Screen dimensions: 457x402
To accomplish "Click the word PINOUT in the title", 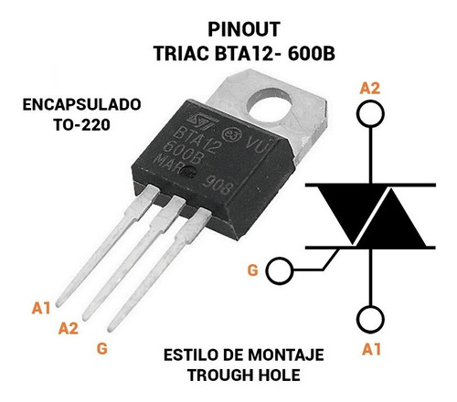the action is click(244, 29).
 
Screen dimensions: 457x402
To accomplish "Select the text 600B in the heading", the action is click(311, 54).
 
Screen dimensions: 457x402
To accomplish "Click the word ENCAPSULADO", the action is click(82, 104).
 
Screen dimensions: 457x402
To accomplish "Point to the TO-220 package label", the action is click(81, 124).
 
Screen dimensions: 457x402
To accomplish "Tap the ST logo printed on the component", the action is click(203, 120).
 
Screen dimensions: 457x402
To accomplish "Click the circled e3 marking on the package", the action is click(231, 133).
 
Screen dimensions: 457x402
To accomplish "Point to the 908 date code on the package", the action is click(218, 185).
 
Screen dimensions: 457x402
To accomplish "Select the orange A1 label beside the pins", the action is click(41, 308).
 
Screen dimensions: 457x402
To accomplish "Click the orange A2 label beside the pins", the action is click(69, 328).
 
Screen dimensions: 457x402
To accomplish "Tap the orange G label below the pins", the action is click(102, 348).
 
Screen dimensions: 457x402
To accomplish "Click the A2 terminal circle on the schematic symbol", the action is click(370, 113).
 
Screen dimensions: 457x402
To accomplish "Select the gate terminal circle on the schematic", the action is click(280, 270).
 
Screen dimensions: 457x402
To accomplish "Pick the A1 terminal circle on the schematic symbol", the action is click(370, 319).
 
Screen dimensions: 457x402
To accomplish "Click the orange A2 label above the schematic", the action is click(370, 89).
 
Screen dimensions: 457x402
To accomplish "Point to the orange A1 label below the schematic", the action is click(371, 349).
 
